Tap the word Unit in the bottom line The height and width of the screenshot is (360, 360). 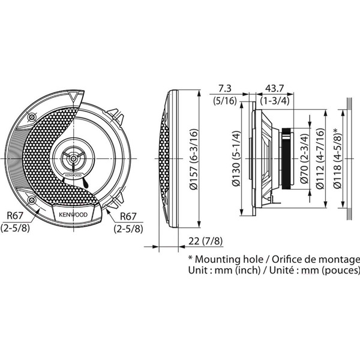click(x=199, y=271)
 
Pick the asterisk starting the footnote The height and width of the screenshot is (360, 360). click(x=191, y=258)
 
